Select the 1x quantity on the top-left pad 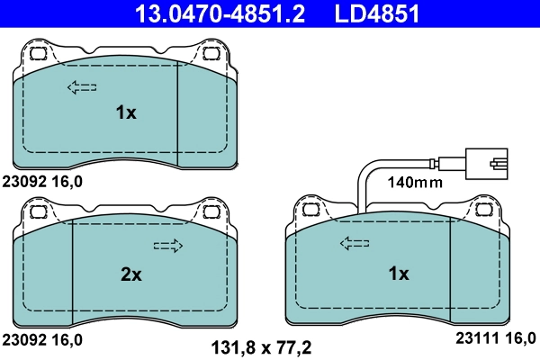(x=125, y=112)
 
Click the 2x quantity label (x=130, y=275)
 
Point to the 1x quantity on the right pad (x=398, y=273)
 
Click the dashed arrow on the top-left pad (x=82, y=87)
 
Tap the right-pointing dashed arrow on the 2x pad (x=168, y=246)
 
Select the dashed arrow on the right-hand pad (x=354, y=243)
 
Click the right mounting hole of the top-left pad (x=212, y=53)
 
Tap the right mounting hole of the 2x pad (x=212, y=212)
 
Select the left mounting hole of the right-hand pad (x=310, y=210)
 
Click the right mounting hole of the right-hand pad (x=484, y=210)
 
